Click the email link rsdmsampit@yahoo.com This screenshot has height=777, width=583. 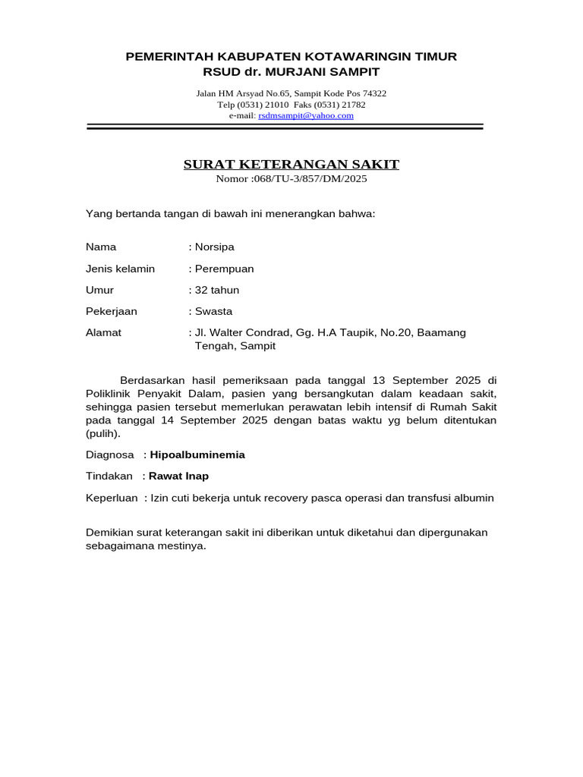pyautogui.click(x=306, y=115)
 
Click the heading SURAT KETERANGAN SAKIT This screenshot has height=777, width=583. pyautogui.click(x=291, y=165)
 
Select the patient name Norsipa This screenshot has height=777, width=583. pyautogui.click(x=215, y=247)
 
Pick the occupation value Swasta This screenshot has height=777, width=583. pyautogui.click(x=213, y=311)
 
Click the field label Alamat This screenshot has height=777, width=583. pyautogui.click(x=103, y=332)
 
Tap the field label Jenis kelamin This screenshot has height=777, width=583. pyautogui.click(x=120, y=269)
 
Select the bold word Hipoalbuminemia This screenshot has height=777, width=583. pyautogui.click(x=197, y=455)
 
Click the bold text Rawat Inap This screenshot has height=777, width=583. pyautogui.click(x=178, y=476)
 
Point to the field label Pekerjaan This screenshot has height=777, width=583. pyautogui.click(x=112, y=311)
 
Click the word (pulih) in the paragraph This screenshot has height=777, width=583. pyautogui.click(x=102, y=434)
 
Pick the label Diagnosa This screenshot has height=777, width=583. pyautogui.click(x=109, y=455)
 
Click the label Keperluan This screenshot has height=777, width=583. pyautogui.click(x=112, y=498)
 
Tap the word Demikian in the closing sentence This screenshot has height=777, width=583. pyautogui.click(x=109, y=533)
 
